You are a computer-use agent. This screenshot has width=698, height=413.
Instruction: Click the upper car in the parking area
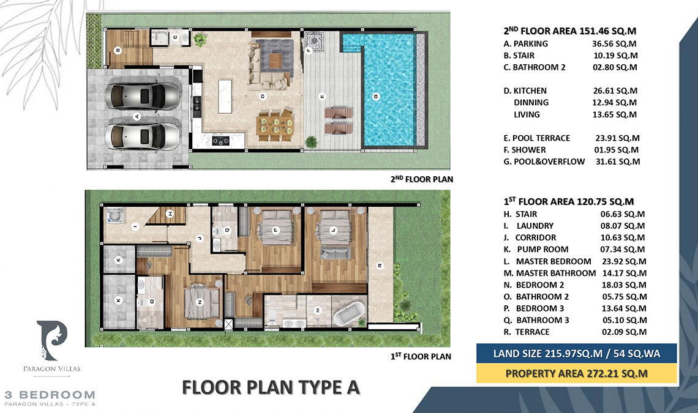tap(142, 95)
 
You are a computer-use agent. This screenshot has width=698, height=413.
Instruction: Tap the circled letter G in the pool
tap(375, 96)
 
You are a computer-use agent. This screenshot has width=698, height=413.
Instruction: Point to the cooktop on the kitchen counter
tap(219, 141)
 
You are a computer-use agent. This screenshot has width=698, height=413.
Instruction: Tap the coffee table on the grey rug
tap(275, 60)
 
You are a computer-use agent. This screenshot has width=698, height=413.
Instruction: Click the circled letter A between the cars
tap(137, 116)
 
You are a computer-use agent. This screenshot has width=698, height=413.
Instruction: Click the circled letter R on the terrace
tap(380, 266)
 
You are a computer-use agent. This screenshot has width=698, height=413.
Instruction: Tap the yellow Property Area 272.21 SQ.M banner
tap(576, 373)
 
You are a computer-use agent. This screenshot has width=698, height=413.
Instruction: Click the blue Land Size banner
tap(576, 353)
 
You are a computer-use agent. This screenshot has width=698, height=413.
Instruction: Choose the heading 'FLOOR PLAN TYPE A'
tap(271, 387)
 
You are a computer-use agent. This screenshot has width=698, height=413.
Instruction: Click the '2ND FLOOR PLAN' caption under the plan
tap(426, 179)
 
